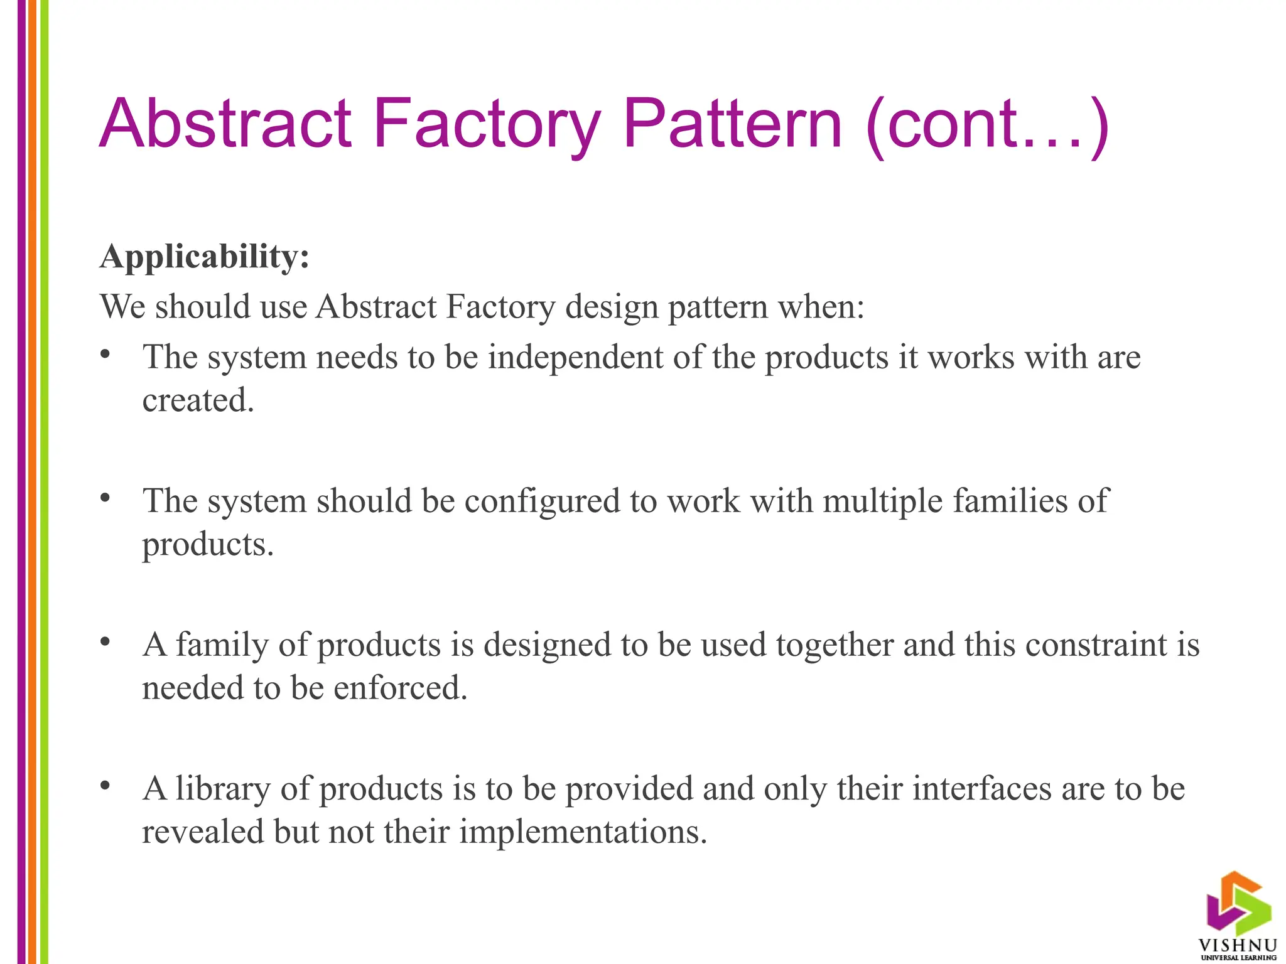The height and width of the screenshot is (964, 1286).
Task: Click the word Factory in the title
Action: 487,124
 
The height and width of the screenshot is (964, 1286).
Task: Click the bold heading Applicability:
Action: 205,257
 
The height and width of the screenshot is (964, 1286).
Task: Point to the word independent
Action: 576,357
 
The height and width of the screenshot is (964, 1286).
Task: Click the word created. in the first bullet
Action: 198,400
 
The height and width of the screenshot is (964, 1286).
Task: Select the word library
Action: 223,789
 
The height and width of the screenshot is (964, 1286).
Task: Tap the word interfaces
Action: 981,788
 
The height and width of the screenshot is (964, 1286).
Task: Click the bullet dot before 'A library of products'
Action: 105,786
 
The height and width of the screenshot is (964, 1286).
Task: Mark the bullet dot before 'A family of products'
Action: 105,642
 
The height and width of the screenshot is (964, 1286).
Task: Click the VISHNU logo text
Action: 1238,945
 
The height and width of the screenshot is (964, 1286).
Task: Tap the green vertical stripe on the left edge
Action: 44,482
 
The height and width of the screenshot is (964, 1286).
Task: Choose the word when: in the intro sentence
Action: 821,308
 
